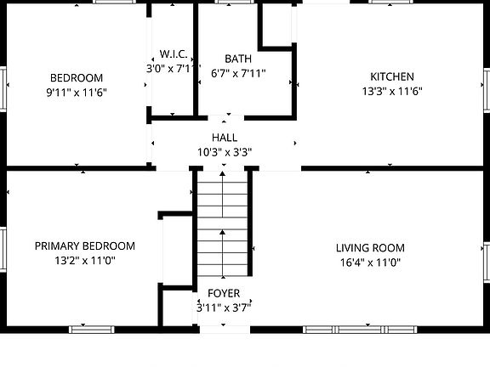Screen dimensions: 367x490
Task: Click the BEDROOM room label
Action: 76,77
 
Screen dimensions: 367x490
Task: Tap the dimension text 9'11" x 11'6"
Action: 76,92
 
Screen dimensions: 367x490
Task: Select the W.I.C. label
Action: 173,53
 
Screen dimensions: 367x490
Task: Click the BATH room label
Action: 238,59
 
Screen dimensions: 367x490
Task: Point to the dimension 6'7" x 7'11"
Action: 238,73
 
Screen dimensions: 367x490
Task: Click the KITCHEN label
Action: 392,76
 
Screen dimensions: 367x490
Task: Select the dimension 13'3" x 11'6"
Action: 392,91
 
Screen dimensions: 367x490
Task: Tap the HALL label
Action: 225,138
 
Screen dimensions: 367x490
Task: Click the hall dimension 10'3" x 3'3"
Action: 225,152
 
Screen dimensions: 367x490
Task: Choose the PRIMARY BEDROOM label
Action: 84,246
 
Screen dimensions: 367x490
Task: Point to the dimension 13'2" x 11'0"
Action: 84,261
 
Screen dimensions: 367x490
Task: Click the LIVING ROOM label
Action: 370,248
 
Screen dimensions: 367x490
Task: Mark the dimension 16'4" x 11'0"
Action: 370,263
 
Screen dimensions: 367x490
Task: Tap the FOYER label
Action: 224,293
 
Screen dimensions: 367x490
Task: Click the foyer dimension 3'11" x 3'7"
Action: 224,308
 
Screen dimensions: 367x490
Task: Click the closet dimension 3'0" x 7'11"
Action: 173,67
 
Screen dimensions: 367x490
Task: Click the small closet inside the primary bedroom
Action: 175,251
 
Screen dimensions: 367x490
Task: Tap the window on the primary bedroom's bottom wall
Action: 92,329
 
